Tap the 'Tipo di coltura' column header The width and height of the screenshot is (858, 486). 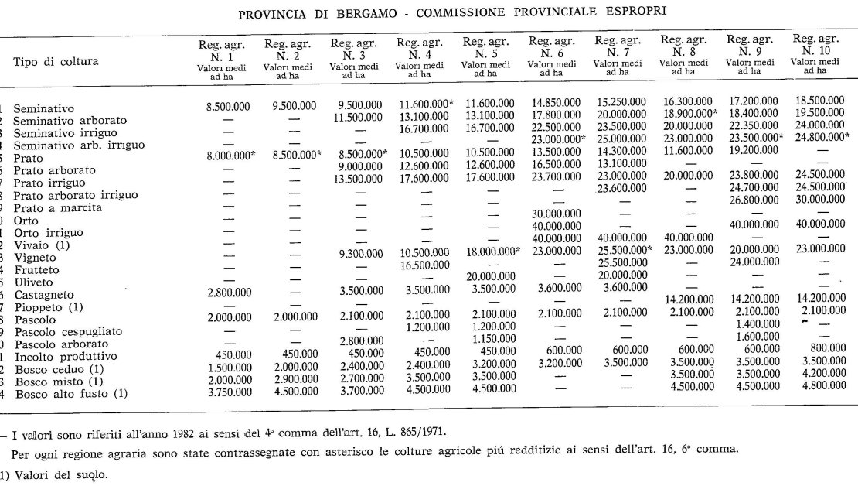[x=56, y=61]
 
